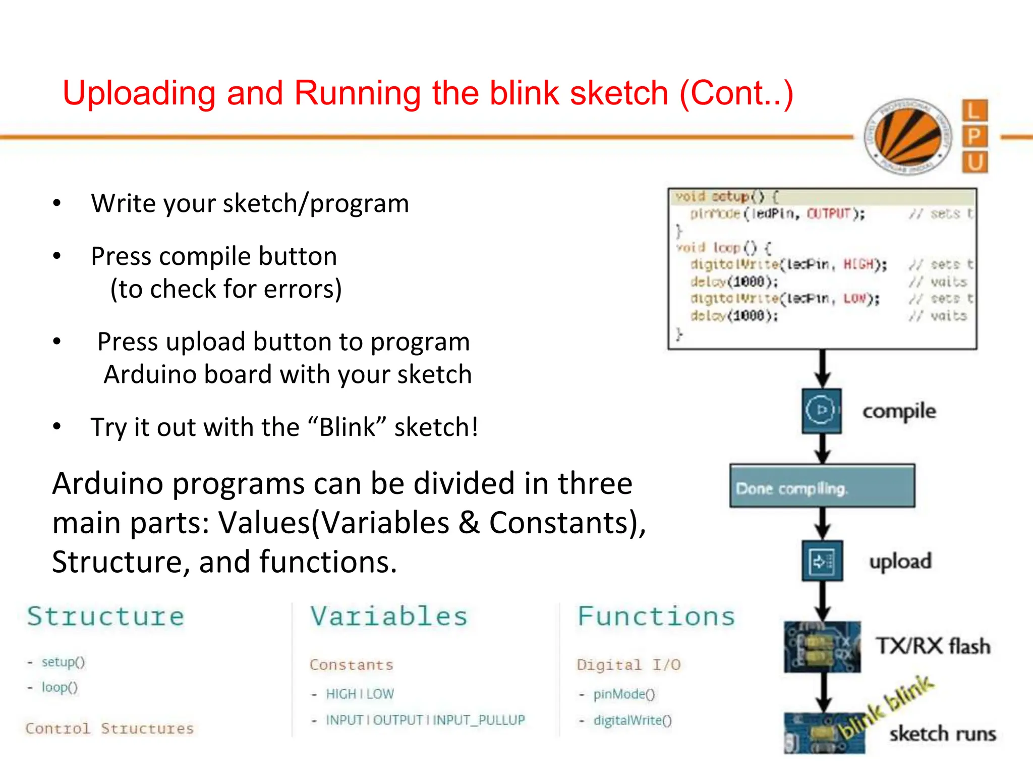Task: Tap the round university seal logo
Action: point(908,136)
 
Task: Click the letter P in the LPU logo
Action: point(974,136)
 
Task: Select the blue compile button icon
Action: point(822,410)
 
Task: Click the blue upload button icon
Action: point(822,561)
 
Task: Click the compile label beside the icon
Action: point(899,411)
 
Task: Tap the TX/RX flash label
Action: point(933,646)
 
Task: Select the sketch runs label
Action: point(942,734)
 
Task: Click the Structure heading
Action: point(106,617)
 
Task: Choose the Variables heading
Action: point(389,617)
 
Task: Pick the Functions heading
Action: point(656,617)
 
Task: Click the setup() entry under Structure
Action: point(63,662)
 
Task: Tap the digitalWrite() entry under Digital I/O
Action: point(632,721)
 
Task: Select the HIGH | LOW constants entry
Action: point(360,694)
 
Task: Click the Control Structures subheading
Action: point(109,729)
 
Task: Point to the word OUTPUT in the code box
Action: point(829,214)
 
